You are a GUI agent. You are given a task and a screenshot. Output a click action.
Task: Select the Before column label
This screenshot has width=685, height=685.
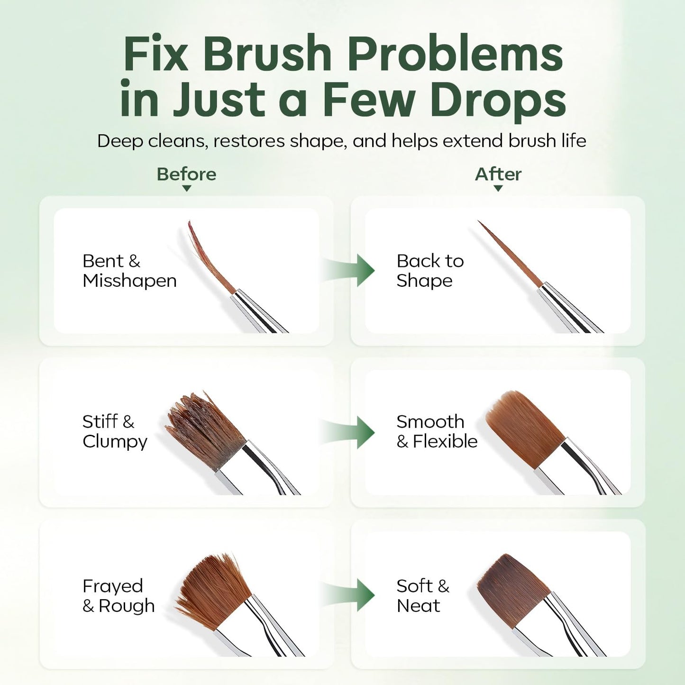187,174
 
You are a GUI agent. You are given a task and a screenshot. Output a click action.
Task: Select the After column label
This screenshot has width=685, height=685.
498,174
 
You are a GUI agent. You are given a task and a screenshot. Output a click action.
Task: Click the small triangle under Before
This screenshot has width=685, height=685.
187,188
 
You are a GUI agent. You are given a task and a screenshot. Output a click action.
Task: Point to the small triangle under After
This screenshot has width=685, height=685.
498,188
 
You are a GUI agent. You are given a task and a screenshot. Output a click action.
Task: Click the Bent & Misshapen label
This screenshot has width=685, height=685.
129,271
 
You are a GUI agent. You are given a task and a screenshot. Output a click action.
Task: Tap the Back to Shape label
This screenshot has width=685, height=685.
430,271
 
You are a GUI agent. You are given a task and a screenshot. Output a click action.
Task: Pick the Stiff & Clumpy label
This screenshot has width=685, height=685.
115,432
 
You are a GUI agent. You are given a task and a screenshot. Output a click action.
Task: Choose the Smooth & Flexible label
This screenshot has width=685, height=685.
437,432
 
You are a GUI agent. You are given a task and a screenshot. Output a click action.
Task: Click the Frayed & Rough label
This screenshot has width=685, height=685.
119,596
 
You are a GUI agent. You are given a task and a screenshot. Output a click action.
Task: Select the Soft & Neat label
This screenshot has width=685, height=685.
423,596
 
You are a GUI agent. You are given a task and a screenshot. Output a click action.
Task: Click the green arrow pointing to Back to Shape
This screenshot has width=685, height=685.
348,270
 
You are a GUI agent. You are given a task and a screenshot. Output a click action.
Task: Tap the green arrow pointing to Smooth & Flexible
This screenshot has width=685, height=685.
348,432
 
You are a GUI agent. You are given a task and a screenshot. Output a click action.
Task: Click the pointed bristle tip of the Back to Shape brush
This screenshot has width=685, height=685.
478,221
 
